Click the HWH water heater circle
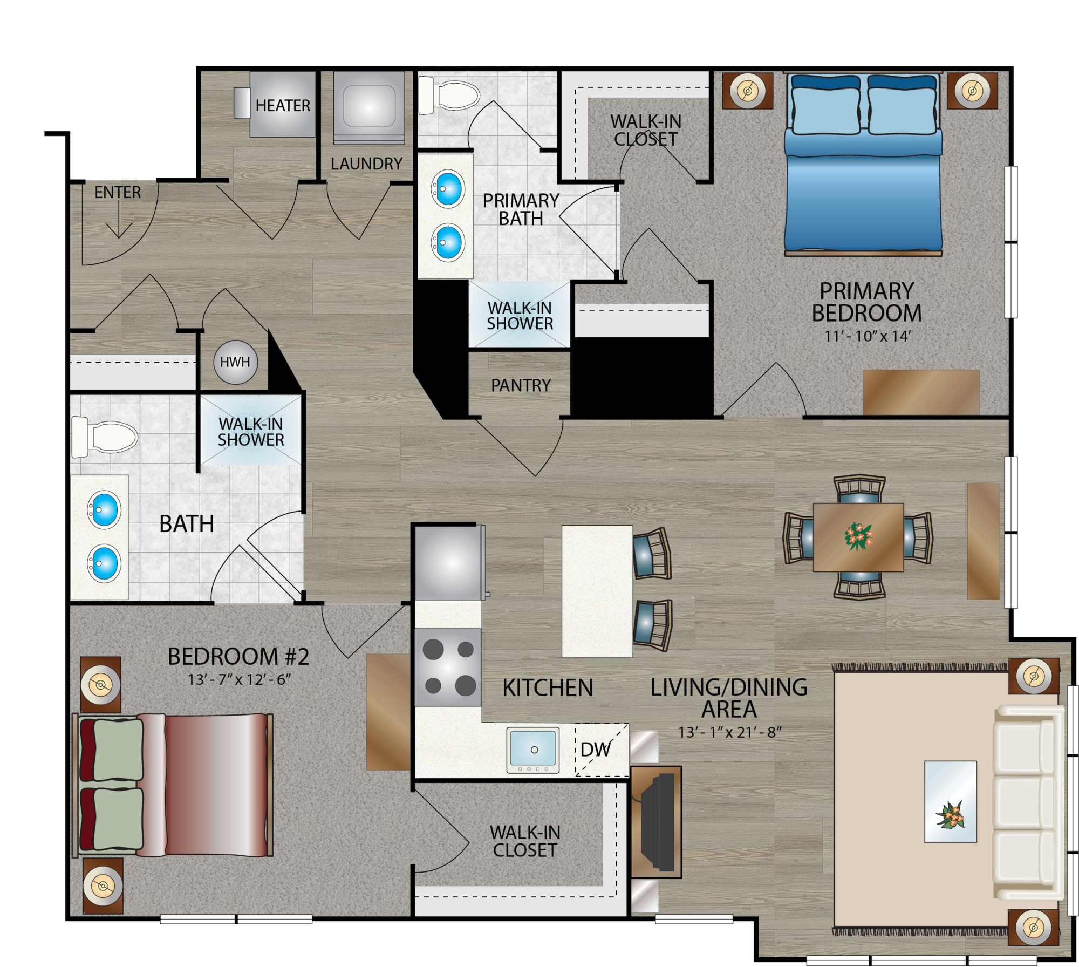235,362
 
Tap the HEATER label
283,105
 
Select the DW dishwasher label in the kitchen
596,749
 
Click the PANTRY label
521,385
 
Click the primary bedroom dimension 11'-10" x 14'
867,336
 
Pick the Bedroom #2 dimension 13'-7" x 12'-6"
239,679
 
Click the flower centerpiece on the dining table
858,536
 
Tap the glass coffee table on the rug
950,801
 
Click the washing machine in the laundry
369,107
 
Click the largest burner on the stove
465,686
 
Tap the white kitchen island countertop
597,591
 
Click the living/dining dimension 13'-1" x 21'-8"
729,732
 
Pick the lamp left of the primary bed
747,91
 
